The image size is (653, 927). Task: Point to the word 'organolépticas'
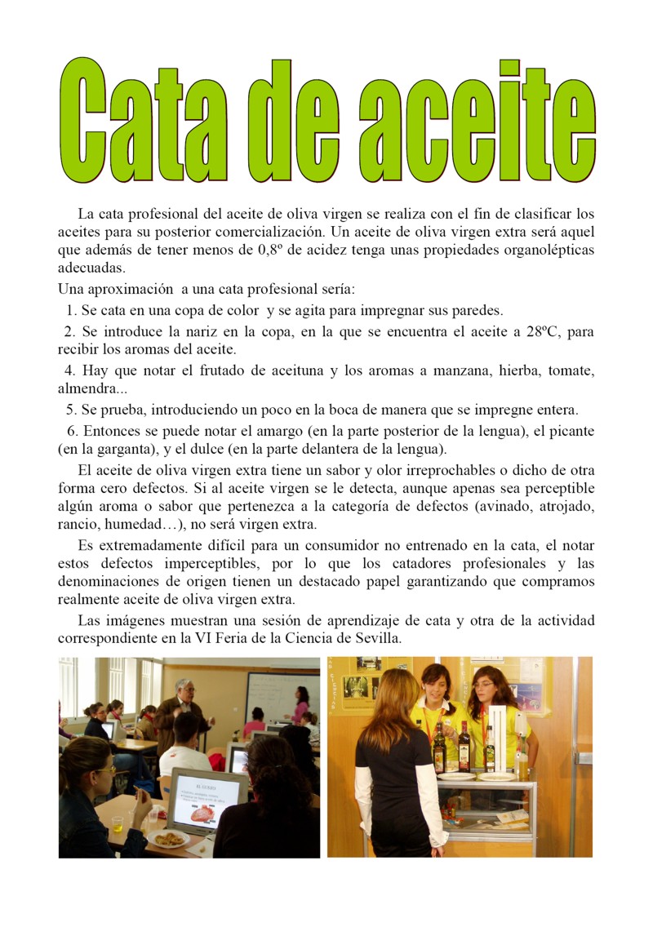click(544, 251)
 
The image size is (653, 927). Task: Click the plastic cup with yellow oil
click(118, 823)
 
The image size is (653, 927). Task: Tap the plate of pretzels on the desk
click(169, 838)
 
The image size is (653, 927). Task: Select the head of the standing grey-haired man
click(185, 689)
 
